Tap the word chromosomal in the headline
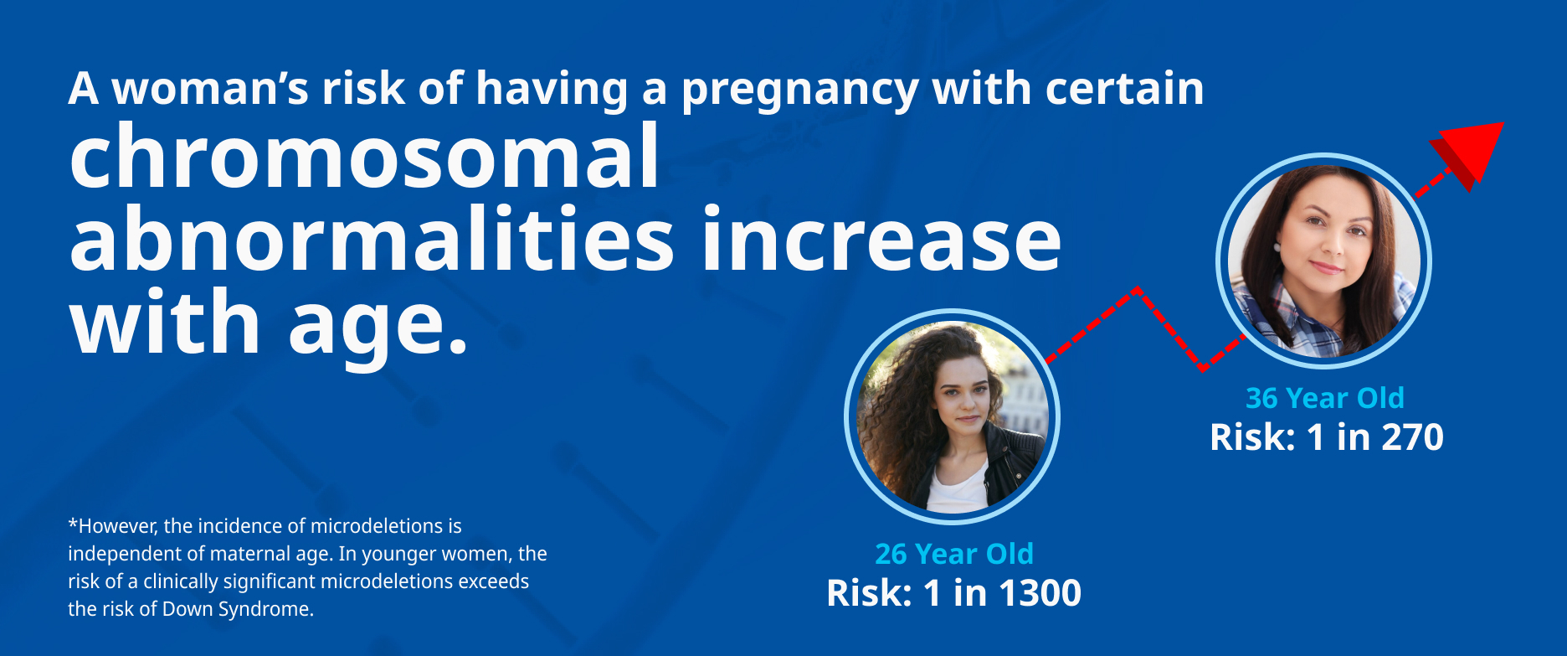[364, 156]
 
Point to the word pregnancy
[799, 90]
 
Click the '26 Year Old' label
[954, 554]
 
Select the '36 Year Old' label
[1325, 398]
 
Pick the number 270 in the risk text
[1412, 437]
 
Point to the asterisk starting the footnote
[73, 524]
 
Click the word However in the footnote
[118, 526]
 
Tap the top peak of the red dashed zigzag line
[1138, 290]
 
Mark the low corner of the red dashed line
[1202, 368]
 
